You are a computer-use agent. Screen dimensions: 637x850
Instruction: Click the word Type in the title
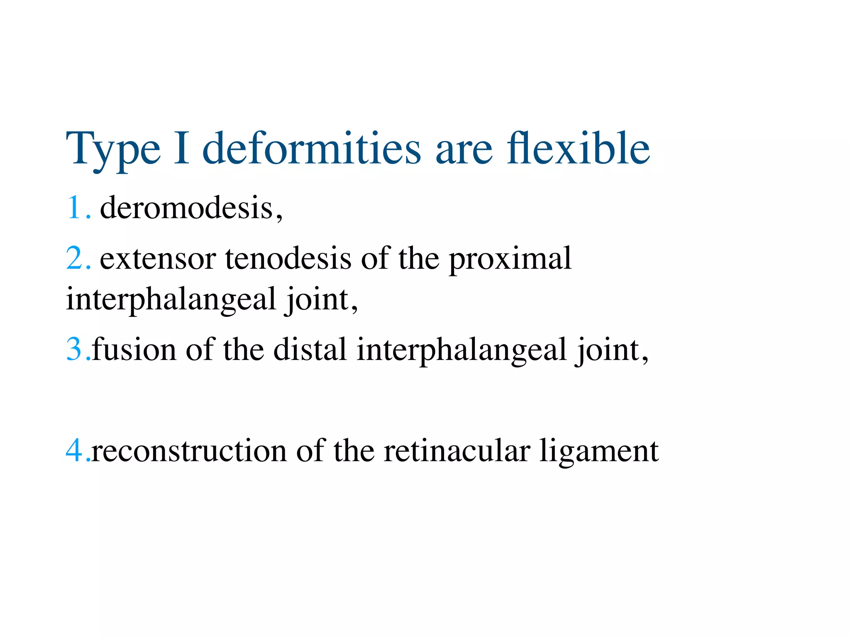113,149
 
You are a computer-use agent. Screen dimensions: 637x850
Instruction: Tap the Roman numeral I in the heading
181,148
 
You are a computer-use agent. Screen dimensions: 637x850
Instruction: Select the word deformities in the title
311,148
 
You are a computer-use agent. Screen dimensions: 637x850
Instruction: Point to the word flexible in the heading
578,148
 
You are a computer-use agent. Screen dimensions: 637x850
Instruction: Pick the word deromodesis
187,207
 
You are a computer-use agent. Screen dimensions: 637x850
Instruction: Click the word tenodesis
288,258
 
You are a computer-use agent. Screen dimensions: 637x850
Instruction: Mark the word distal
310,349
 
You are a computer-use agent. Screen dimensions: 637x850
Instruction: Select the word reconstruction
188,451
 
